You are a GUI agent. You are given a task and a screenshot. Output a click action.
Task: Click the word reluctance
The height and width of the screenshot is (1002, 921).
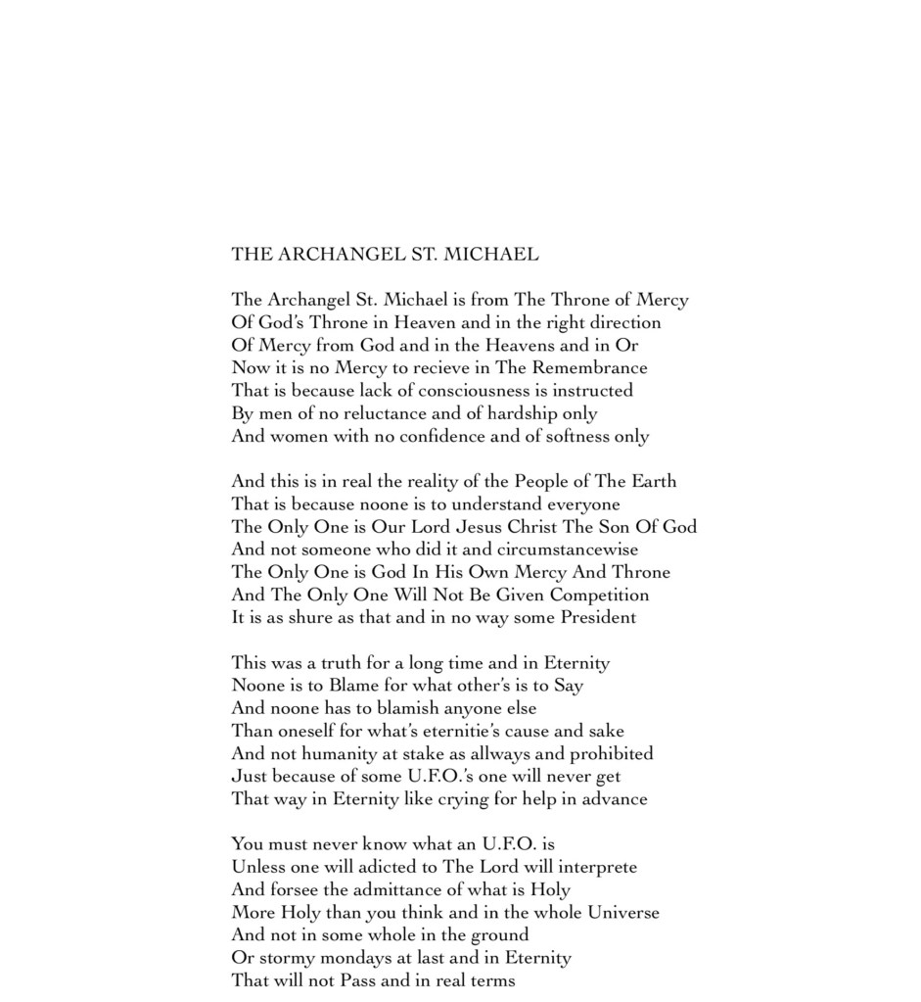point(391,413)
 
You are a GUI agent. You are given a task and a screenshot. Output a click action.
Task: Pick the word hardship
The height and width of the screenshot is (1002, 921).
point(524,413)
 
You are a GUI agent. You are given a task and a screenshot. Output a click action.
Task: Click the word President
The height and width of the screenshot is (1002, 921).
point(597,617)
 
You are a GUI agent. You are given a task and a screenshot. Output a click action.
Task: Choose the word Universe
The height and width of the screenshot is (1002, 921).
point(622,912)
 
